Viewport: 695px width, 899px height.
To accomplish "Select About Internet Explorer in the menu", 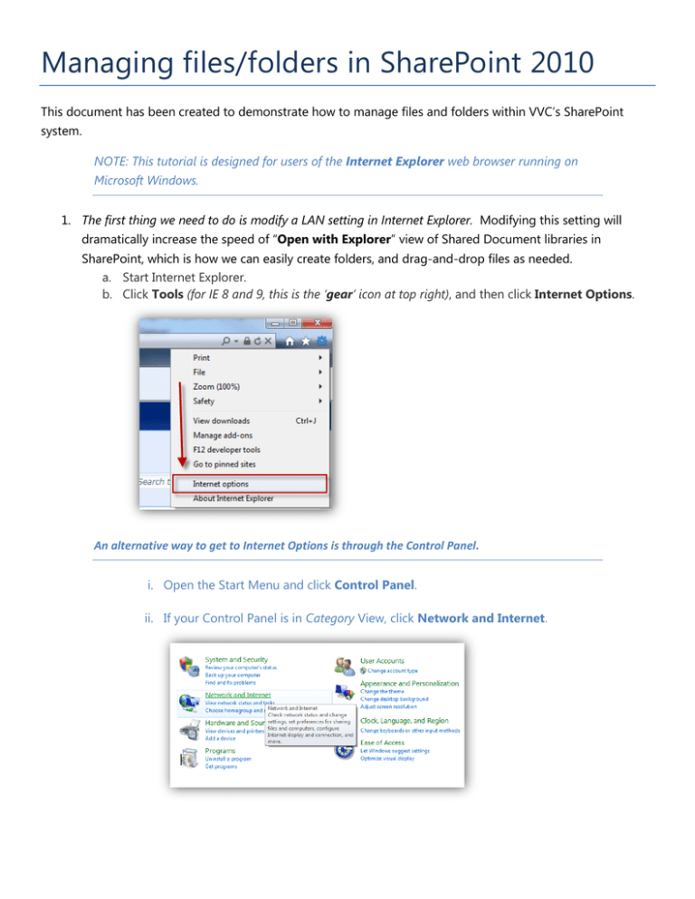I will [x=233, y=498].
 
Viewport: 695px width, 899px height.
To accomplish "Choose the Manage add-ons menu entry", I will [x=222, y=434].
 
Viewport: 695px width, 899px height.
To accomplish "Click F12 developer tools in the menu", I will [x=226, y=449].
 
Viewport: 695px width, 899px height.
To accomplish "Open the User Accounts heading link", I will [x=382, y=661].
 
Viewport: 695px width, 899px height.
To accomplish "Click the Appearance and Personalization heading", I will [x=409, y=683].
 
